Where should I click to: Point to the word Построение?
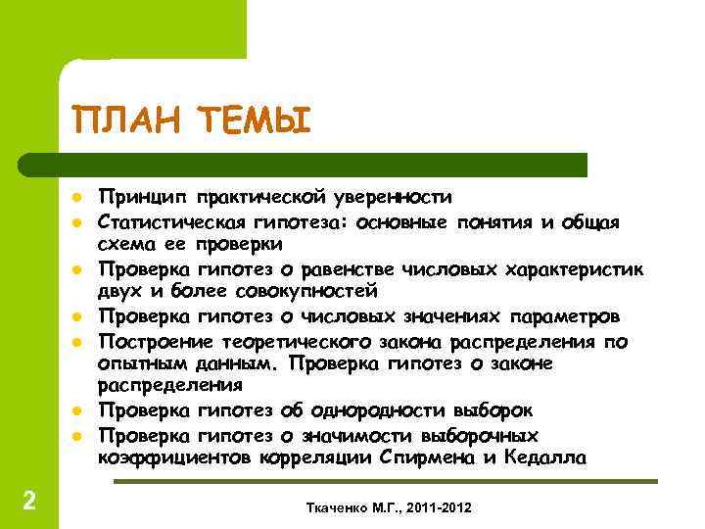(159, 341)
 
